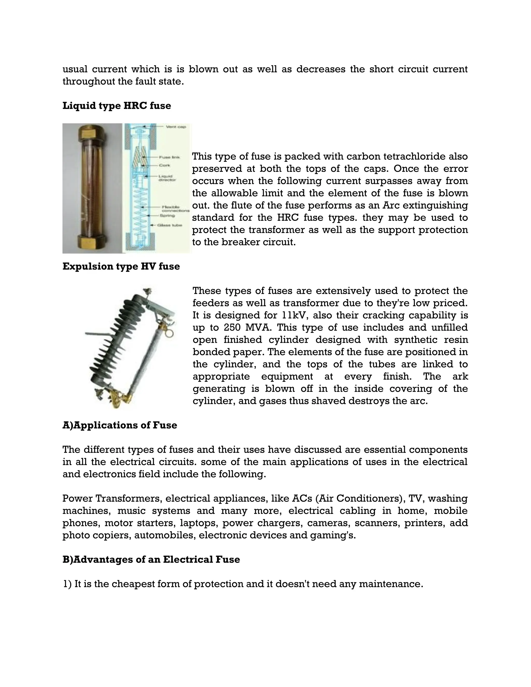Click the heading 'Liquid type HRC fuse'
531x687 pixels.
(x=117, y=106)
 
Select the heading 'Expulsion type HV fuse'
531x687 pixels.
(x=121, y=267)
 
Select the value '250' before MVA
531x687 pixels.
(x=232, y=328)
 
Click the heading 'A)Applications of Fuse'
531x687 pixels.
(x=120, y=425)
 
